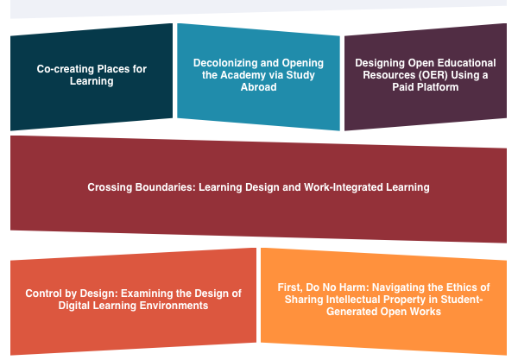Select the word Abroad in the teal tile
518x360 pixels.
(x=258, y=87)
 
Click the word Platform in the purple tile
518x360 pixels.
(x=437, y=87)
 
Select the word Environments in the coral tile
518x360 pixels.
(x=174, y=306)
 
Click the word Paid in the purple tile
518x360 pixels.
(x=402, y=87)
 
